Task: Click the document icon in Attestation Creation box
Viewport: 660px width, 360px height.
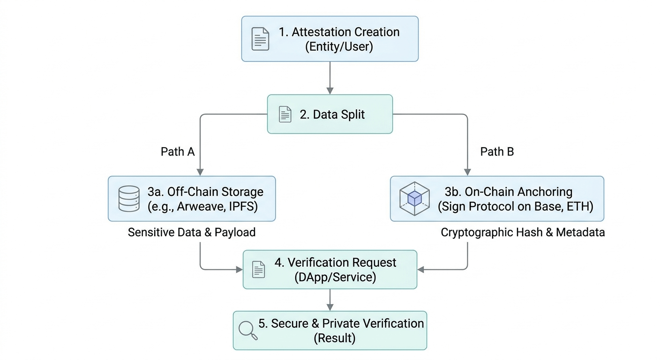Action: point(260,39)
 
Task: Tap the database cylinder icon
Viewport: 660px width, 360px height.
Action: point(129,198)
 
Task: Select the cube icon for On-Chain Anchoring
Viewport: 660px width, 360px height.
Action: point(414,198)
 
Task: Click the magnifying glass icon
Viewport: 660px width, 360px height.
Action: point(247,330)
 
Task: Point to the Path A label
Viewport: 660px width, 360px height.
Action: point(178,151)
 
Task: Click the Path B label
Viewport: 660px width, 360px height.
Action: point(497,151)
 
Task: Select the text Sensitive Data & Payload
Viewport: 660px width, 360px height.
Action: point(192,232)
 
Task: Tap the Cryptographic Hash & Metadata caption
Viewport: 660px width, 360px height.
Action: point(523,232)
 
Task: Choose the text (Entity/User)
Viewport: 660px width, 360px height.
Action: point(339,47)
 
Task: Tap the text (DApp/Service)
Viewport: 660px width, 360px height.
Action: point(335,277)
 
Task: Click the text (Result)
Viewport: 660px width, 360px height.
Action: point(334,337)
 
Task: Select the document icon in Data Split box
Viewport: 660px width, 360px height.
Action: point(285,114)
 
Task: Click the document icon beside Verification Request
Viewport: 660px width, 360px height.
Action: point(259,270)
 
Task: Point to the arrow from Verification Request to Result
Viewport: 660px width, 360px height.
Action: point(330,300)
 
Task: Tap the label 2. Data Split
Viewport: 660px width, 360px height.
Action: point(332,114)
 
